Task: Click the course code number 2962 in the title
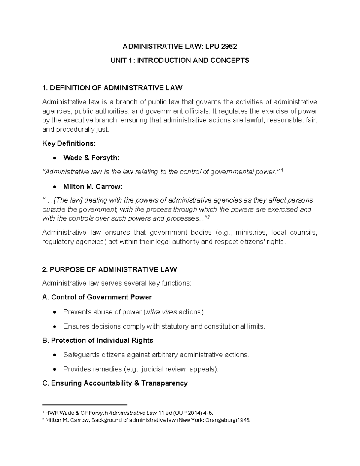[x=229, y=46]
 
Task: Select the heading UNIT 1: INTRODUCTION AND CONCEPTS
[x=180, y=60]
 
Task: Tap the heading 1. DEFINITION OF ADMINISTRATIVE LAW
[x=112, y=88]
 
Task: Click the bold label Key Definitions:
[x=69, y=143]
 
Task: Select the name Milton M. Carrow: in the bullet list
[x=93, y=187]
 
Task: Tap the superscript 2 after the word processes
[x=209, y=217]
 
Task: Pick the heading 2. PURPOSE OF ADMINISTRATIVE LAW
[x=110, y=269]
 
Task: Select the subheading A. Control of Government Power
[x=97, y=297]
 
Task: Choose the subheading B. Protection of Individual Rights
[x=98, y=340]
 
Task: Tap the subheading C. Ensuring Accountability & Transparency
[x=115, y=383]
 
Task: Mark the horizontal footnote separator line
[x=85, y=404]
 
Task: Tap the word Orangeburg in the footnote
[x=220, y=420]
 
